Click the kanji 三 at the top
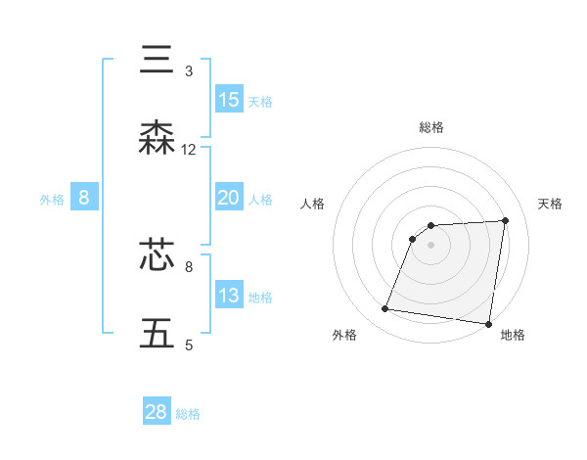pyautogui.click(x=158, y=60)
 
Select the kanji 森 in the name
pyautogui.click(x=158, y=138)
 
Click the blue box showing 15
pyautogui.click(x=229, y=100)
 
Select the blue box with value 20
pyautogui.click(x=229, y=198)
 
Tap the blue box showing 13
pyautogui.click(x=229, y=296)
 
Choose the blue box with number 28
pyautogui.click(x=157, y=412)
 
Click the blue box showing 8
pyautogui.click(x=84, y=198)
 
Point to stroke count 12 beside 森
pyautogui.click(x=189, y=150)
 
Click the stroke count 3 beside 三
pyautogui.click(x=189, y=71)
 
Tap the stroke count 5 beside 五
pyautogui.click(x=189, y=345)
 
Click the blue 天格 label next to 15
pyautogui.click(x=260, y=101)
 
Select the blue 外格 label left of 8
pyautogui.click(x=52, y=199)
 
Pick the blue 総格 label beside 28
pyautogui.click(x=188, y=414)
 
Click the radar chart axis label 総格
pyautogui.click(x=431, y=127)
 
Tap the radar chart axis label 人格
pyautogui.click(x=313, y=203)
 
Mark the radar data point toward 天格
pyautogui.click(x=505, y=220)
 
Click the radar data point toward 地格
pyautogui.click(x=488, y=324)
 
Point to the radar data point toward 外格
pyautogui.click(x=385, y=309)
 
